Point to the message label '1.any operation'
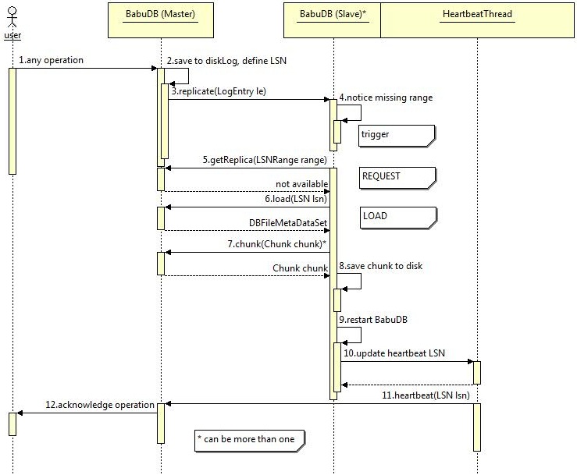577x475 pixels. [51, 60]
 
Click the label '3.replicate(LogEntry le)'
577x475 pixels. [219, 91]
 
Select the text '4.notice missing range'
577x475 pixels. [386, 97]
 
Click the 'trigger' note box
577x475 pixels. [396, 135]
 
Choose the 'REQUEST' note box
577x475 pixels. [396, 176]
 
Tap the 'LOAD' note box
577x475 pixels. [396, 216]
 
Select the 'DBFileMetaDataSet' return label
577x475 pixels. [288, 222]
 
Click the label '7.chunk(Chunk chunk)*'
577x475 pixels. [276, 244]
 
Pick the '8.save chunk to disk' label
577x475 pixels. [381, 266]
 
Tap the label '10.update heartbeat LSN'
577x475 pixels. [394, 353]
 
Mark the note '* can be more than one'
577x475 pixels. [249, 439]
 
